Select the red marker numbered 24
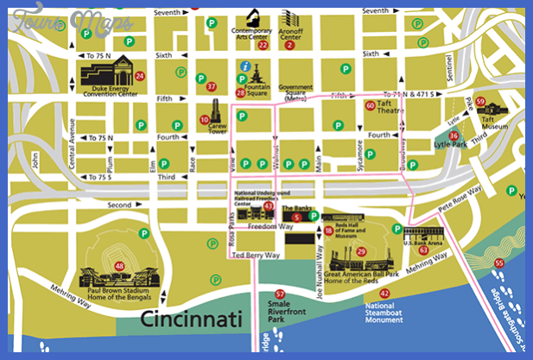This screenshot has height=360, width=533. tap(140, 77)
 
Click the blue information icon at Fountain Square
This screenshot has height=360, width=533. tap(245, 66)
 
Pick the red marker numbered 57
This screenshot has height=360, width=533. tap(279, 294)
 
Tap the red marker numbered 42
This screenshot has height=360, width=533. tap(384, 294)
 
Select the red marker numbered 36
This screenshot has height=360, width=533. tap(454, 136)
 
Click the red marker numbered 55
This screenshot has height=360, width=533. tap(498, 263)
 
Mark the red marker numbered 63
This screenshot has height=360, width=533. tap(423, 249)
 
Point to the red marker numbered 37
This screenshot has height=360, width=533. tap(212, 86)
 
